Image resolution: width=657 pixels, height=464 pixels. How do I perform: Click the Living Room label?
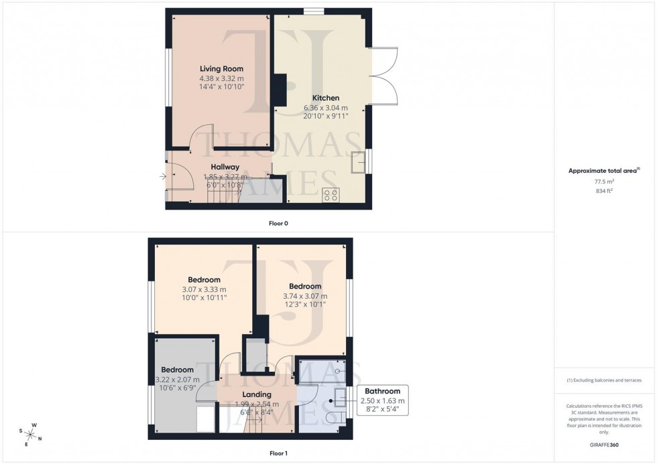click(221, 69)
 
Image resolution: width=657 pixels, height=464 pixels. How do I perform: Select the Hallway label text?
click(225, 167)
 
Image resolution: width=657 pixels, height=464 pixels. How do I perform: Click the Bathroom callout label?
click(382, 391)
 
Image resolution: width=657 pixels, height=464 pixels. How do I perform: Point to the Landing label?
click(257, 394)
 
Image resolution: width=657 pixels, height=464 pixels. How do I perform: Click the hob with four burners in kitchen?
click(331, 194)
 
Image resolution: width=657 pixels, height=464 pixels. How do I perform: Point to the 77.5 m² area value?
click(605, 181)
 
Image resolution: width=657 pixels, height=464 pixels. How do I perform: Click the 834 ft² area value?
click(605, 191)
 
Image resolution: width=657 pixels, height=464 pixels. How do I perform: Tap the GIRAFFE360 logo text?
click(605, 444)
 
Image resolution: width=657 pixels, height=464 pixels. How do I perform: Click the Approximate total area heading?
click(603, 171)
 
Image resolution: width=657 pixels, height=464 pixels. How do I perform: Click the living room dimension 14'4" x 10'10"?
click(221, 87)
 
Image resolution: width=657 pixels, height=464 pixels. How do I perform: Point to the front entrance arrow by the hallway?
click(163, 177)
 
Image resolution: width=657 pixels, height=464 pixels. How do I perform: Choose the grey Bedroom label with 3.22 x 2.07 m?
click(177, 370)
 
